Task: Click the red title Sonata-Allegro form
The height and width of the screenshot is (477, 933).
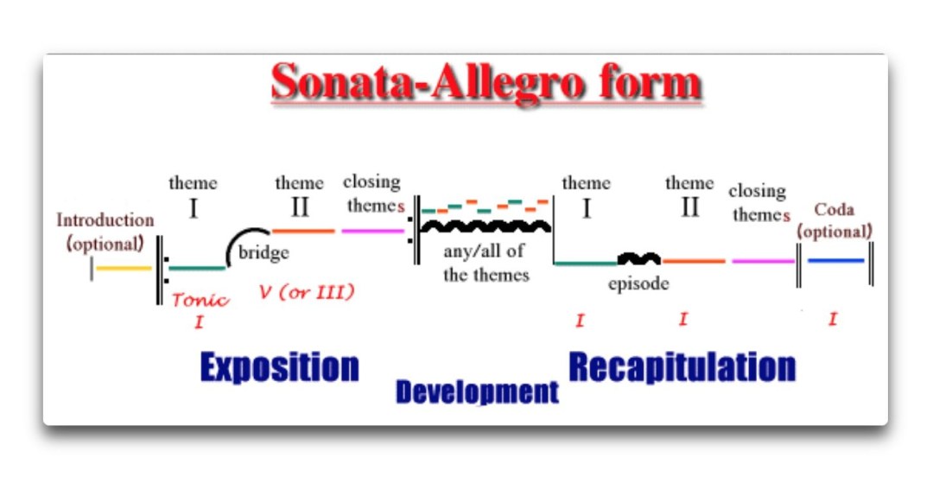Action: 486,82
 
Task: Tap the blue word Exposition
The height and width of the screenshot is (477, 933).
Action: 280,367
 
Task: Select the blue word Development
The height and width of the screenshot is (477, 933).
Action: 477,392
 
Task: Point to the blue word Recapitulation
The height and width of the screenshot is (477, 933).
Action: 682,367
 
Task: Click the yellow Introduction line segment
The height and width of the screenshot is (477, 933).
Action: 124,269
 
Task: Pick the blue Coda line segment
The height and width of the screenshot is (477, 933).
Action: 835,261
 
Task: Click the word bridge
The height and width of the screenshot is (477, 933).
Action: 263,252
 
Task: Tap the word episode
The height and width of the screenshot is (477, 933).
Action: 638,283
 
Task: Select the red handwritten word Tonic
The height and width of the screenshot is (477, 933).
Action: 200,300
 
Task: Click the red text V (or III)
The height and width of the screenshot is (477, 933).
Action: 307,292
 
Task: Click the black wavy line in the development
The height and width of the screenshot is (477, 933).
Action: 486,226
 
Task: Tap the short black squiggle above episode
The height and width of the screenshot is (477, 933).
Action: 639,258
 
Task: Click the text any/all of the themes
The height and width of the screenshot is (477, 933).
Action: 486,263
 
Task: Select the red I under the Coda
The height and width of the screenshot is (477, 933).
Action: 833,319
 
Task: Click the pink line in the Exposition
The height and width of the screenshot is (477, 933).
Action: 373,231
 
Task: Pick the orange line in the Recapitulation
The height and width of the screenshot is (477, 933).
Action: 694,261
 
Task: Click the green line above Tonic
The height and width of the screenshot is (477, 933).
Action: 197,268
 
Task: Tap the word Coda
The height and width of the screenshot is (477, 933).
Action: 835,210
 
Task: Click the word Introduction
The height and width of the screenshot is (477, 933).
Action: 105,220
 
